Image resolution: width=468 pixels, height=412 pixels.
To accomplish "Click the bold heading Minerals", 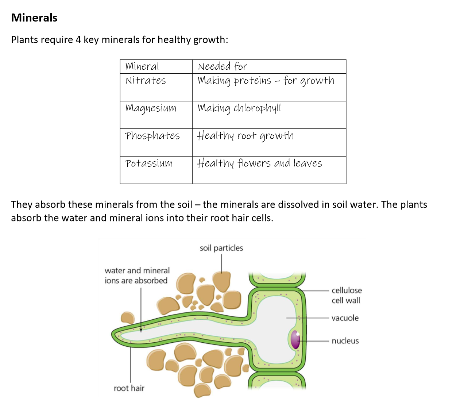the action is click(34, 18).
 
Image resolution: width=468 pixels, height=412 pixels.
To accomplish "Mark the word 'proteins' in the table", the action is click(252, 81).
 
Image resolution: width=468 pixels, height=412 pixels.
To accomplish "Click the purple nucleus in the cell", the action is click(295, 339).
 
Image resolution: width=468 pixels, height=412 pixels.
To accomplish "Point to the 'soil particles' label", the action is click(221, 248).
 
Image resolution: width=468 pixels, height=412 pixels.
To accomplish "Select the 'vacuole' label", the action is click(345, 318).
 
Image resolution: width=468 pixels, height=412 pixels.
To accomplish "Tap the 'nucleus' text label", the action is click(345, 341).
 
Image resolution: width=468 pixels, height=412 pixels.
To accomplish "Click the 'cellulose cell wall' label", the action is click(347, 295).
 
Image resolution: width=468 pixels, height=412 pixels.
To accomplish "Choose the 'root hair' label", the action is click(129, 388).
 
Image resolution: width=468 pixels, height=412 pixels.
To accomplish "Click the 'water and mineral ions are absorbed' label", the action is click(137, 276).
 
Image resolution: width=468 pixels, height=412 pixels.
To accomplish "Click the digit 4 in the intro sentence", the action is click(78, 40).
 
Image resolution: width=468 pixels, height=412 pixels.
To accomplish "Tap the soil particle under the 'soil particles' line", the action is click(221, 281).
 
